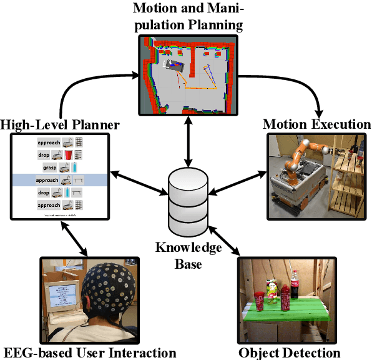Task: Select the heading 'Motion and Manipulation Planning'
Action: (x=188, y=17)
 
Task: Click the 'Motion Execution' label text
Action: (x=316, y=124)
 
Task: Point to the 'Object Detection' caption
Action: (x=290, y=352)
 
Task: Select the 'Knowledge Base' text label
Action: (x=188, y=256)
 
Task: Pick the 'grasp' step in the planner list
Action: (x=50, y=167)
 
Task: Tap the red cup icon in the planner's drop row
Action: (x=69, y=154)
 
